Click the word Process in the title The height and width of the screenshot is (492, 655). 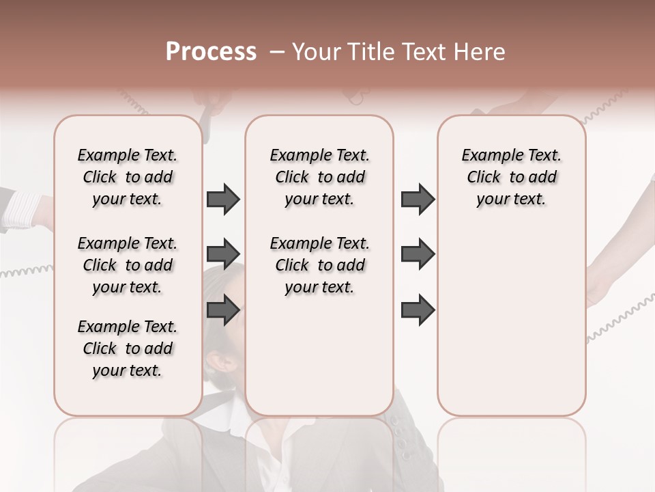[211, 52]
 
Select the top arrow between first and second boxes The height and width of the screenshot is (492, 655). [223, 200]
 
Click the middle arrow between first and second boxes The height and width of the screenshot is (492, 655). [223, 254]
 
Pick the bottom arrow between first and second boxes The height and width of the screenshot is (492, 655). [223, 310]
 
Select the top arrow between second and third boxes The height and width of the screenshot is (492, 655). [418, 200]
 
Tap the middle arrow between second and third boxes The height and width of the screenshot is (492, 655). [418, 254]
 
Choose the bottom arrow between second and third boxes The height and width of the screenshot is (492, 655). [418, 310]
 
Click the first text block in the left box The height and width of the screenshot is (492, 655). [128, 177]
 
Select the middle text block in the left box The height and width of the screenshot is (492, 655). [128, 265]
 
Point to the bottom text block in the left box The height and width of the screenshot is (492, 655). [128, 348]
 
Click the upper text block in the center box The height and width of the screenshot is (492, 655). [319, 177]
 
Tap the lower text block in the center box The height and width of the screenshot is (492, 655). [319, 265]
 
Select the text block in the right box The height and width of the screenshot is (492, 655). [511, 177]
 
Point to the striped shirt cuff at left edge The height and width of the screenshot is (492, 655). [24, 205]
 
